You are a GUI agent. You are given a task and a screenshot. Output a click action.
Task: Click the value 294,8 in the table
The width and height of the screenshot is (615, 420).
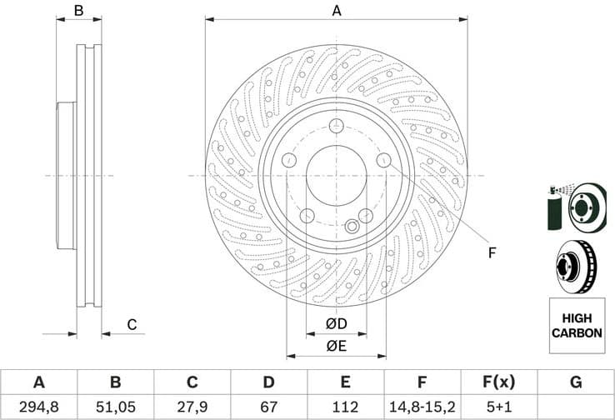click(x=38, y=407)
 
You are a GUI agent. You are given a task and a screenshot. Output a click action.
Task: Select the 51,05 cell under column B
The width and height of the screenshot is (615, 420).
click(x=115, y=407)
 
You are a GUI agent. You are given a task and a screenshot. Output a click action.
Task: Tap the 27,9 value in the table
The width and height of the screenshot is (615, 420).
click(x=192, y=407)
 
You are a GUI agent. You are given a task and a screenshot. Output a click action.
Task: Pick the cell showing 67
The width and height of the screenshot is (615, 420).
click(x=268, y=407)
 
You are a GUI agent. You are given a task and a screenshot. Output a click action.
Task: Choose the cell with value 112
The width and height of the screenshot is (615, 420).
click(x=345, y=407)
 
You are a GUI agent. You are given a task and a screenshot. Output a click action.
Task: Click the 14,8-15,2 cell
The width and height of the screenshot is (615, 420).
click(x=422, y=407)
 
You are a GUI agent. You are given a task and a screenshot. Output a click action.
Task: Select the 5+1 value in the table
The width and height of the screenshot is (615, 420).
click(x=497, y=407)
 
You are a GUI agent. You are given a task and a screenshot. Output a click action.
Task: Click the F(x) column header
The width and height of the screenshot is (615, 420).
click(x=497, y=382)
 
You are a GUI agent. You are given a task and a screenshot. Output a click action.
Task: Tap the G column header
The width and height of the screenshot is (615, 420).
click(x=574, y=382)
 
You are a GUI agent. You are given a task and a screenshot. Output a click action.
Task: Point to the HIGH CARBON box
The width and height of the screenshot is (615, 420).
click(x=576, y=324)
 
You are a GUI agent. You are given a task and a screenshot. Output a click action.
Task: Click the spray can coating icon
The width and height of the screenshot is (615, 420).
click(x=557, y=207)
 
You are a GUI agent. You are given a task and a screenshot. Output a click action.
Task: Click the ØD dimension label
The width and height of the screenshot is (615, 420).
click(x=336, y=323)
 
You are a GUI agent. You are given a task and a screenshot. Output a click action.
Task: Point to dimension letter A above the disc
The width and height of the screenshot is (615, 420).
click(x=337, y=11)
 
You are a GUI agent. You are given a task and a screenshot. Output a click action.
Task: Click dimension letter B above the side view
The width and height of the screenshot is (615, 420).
click(x=78, y=11)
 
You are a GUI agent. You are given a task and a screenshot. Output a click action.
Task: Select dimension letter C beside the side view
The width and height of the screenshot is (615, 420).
click(x=132, y=324)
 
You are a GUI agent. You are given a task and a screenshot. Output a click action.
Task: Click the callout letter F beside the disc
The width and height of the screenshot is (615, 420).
click(x=492, y=252)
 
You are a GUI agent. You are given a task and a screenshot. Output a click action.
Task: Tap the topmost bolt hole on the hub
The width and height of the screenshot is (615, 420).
click(x=336, y=126)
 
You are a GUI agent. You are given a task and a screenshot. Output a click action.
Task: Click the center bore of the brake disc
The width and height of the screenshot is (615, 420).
click(x=336, y=176)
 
